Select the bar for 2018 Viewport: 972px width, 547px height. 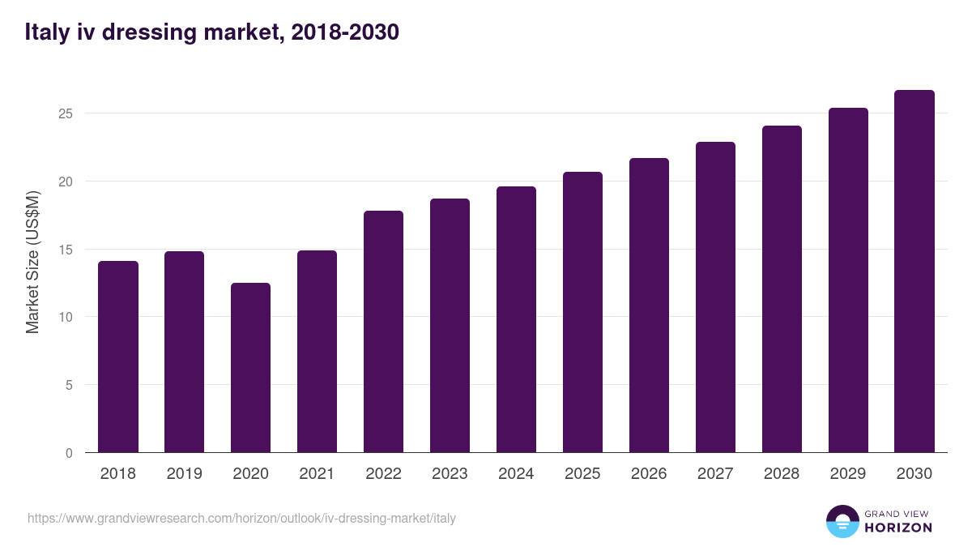pos(118,357)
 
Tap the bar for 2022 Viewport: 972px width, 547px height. pos(384,331)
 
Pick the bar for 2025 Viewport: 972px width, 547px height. pos(583,312)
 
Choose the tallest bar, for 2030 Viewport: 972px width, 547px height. pos(914,271)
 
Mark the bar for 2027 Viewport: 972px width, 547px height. pos(715,297)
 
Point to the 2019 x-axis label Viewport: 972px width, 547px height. pos(185,474)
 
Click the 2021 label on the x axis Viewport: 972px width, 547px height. pos(318,474)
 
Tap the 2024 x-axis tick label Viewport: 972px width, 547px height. pos(517,474)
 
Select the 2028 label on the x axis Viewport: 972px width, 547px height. pos(782,474)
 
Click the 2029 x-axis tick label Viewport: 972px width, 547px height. pos(848,474)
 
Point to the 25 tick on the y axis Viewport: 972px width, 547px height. pos(66,113)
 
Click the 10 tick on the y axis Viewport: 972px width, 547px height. pos(66,317)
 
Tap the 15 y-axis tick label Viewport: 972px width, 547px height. pos(66,250)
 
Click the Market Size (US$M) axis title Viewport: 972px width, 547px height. pos(32,262)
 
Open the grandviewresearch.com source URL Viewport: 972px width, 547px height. pos(241,518)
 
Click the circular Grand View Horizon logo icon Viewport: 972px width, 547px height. pos(842,521)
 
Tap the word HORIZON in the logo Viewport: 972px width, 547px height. pos(898,528)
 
